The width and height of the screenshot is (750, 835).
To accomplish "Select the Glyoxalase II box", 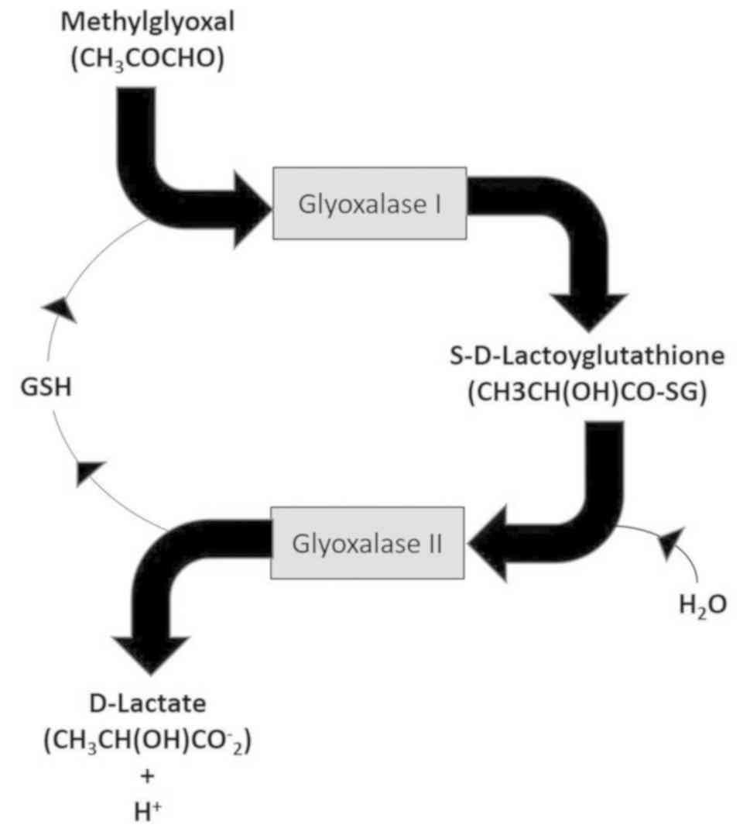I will [367, 542].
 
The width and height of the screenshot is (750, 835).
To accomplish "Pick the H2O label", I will [702, 605].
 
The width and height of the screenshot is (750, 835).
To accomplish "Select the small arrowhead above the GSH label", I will [59, 309].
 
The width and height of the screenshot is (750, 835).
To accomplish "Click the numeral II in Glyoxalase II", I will [431, 542].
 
